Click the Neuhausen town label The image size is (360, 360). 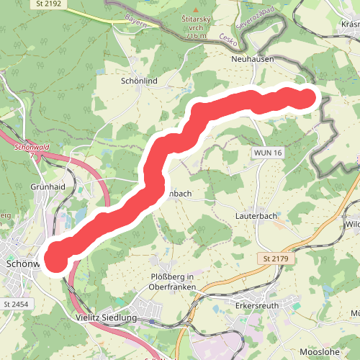[253, 60]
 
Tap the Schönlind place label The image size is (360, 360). [140, 82]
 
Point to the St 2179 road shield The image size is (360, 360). [271, 257]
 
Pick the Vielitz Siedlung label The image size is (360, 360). [107, 318]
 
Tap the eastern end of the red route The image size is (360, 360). [307, 98]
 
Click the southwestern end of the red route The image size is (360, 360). [56, 258]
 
